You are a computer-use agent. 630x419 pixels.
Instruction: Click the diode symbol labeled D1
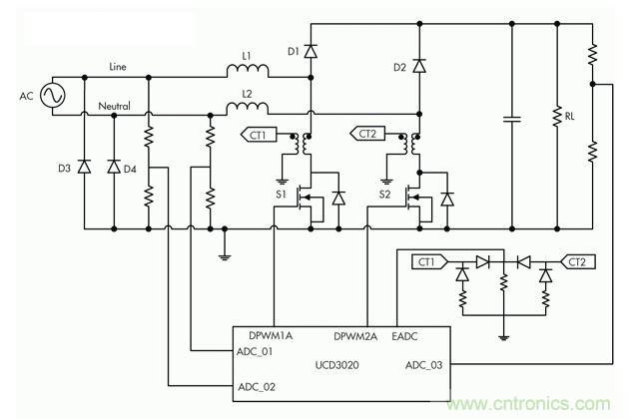[310, 49]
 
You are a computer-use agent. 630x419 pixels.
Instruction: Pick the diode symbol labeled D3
[83, 166]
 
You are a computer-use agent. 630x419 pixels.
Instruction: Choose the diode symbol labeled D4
[114, 166]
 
